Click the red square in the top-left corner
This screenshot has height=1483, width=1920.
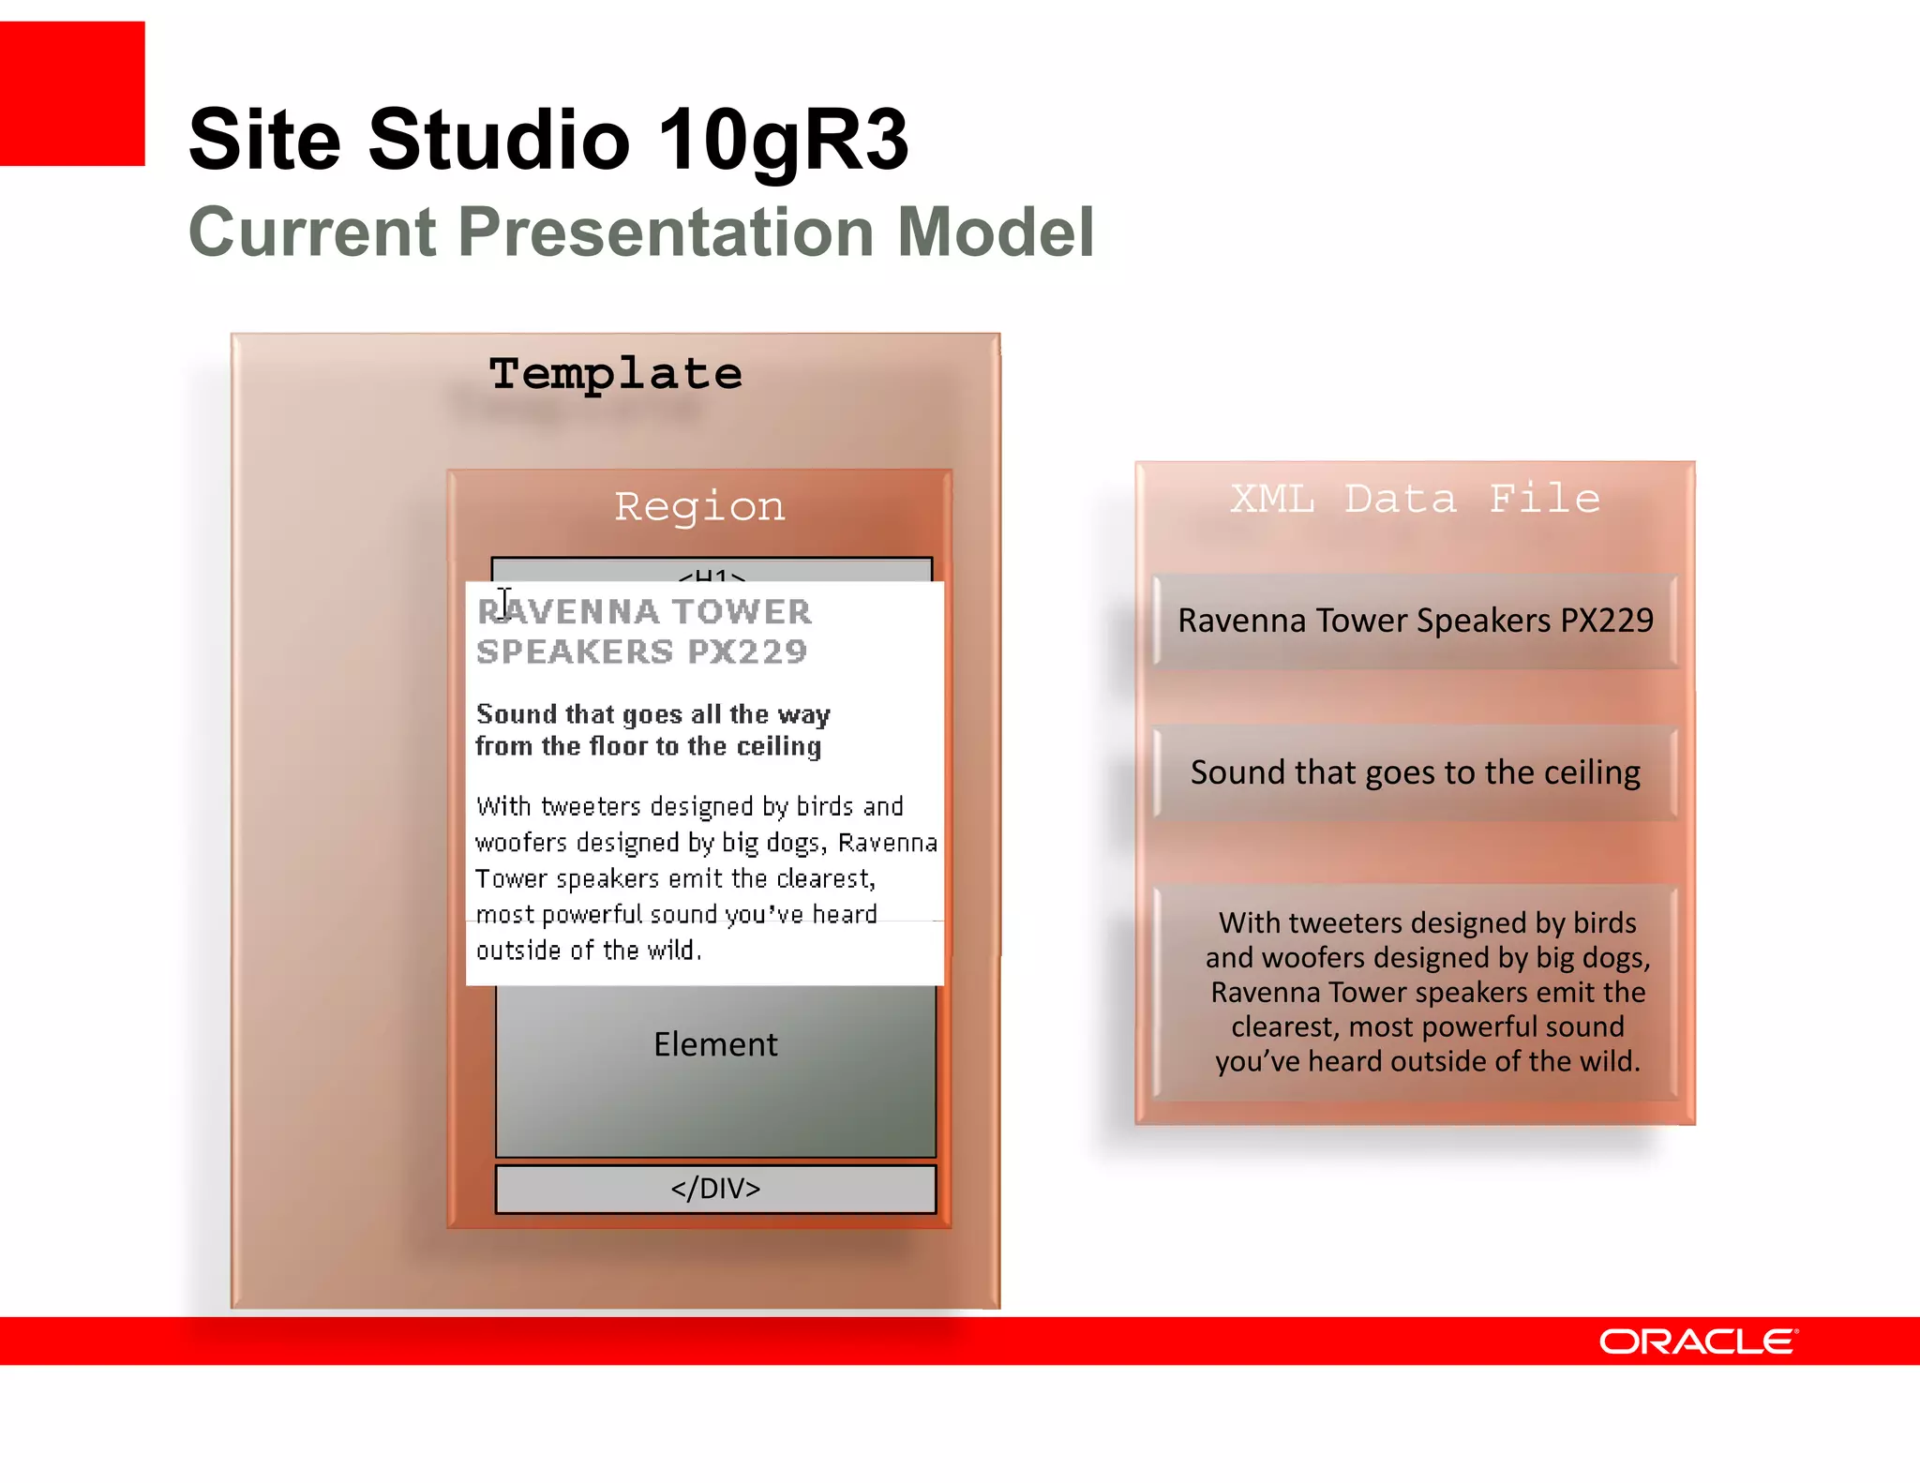72,94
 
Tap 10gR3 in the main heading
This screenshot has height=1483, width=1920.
783,140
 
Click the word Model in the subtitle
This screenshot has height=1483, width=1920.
996,232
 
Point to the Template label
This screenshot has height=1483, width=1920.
615,374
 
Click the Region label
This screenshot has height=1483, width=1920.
699,507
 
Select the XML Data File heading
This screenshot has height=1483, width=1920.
1415,499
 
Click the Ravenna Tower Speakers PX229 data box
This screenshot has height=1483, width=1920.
1415,621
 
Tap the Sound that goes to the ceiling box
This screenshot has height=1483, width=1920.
1415,772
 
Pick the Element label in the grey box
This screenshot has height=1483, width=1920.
715,1044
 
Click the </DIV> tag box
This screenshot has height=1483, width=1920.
715,1189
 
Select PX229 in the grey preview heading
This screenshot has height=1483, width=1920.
747,652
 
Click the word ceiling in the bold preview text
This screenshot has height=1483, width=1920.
778,746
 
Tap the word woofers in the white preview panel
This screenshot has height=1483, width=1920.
521,843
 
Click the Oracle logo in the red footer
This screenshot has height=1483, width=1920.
1698,1341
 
